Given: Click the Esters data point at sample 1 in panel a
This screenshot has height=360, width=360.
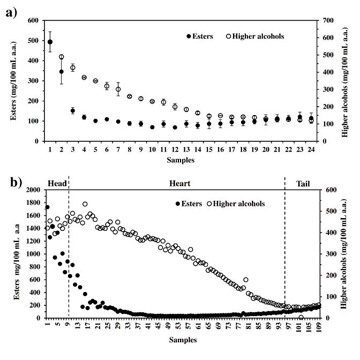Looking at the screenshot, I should point(50,41).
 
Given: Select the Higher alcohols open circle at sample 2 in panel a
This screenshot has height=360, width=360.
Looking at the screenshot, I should point(61,57).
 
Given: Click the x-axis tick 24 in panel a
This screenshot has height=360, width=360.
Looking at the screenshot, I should point(311,149).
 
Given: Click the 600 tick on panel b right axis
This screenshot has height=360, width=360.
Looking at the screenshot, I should point(325,190).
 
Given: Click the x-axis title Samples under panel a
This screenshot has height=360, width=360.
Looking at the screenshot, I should point(180,160).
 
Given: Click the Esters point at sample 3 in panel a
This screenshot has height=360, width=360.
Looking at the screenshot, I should point(73,110).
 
